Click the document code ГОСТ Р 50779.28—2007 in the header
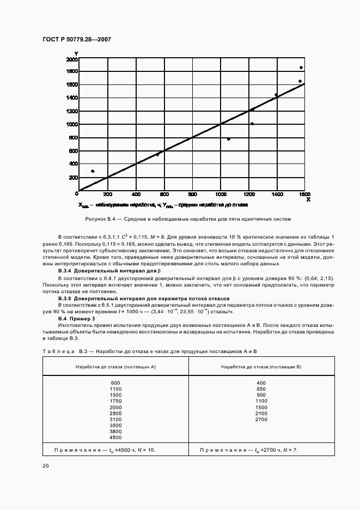(x=76, y=40)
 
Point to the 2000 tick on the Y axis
(x=71, y=58)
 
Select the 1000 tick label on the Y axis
(x=71, y=124)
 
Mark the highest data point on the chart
(x=301, y=68)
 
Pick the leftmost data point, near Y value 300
(x=93, y=171)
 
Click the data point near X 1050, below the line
(x=228, y=139)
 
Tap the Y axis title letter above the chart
(x=76, y=52)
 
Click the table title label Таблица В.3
(x=60, y=352)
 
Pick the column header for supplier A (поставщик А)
(x=115, y=367)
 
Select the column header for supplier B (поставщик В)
(x=261, y=367)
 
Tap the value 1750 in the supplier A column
(x=115, y=401)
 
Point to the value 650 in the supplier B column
(x=261, y=389)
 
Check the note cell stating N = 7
(x=252, y=450)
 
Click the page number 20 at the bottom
(x=45, y=466)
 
